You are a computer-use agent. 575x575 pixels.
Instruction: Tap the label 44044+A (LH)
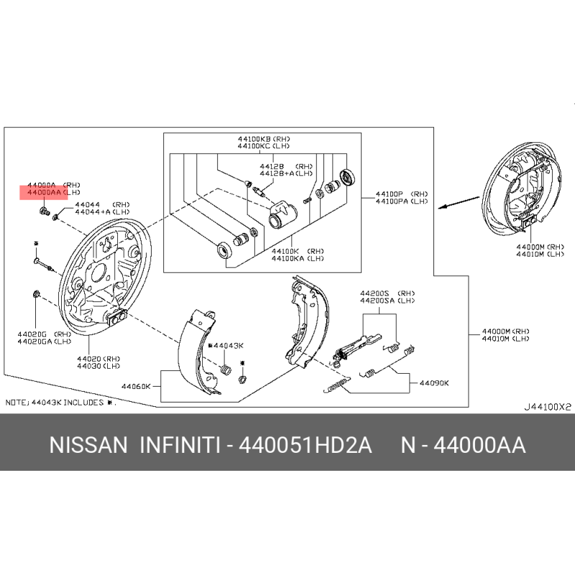[x=102, y=211]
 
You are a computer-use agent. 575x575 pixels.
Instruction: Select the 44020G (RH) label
[x=45, y=334]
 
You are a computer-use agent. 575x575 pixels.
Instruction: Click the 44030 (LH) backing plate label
[x=98, y=366]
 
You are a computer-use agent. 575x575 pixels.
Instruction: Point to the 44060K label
[x=136, y=386]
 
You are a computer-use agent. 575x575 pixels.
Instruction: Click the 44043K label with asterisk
[x=226, y=346]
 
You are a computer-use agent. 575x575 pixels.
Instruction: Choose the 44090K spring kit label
[x=434, y=383]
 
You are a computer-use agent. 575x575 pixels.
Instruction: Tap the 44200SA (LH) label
[x=387, y=300]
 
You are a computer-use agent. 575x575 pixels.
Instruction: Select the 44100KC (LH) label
[x=264, y=146]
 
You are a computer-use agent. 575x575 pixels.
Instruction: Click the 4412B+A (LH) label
[x=286, y=173]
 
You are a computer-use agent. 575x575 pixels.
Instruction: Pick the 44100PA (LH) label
[x=402, y=201]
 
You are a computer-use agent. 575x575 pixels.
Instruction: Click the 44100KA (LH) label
[x=298, y=258]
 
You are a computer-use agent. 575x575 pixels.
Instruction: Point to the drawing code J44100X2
[x=548, y=407]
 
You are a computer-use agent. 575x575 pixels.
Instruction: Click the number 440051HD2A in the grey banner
[x=305, y=445]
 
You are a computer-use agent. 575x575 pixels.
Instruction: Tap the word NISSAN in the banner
[x=88, y=445]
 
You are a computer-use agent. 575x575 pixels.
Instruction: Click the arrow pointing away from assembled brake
[x=459, y=203]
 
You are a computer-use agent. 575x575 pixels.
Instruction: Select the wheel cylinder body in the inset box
[x=282, y=213]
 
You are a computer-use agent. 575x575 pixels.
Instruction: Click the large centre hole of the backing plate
[x=98, y=273]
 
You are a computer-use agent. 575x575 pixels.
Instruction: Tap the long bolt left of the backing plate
[x=44, y=264]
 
